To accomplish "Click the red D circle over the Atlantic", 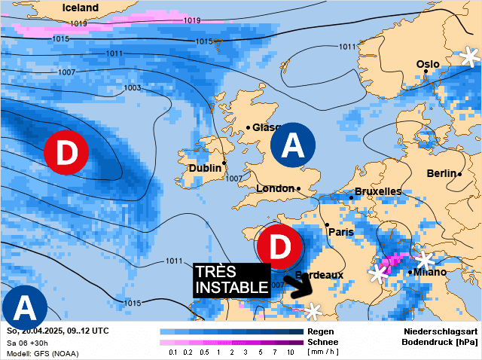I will (66, 152).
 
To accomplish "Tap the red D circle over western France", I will (279, 246).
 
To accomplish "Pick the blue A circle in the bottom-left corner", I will (24, 309).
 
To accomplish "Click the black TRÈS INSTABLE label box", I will (231, 279).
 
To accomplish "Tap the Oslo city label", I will (428, 64).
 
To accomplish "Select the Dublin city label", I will (205, 168).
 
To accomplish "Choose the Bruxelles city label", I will (377, 191).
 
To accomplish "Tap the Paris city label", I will (340, 232).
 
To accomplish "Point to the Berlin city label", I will (441, 173).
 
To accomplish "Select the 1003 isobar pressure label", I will (132, 88).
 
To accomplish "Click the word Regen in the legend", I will (321, 331).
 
